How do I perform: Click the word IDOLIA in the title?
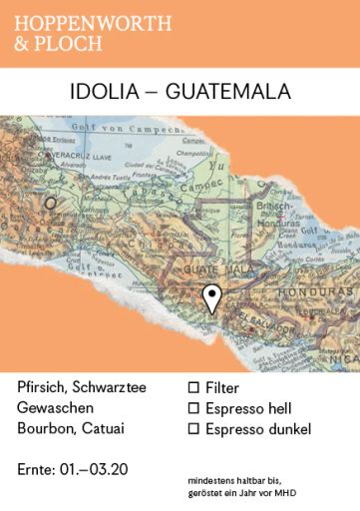[x=103, y=92]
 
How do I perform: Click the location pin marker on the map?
[x=211, y=297]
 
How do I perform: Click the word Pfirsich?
[x=45, y=386]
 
